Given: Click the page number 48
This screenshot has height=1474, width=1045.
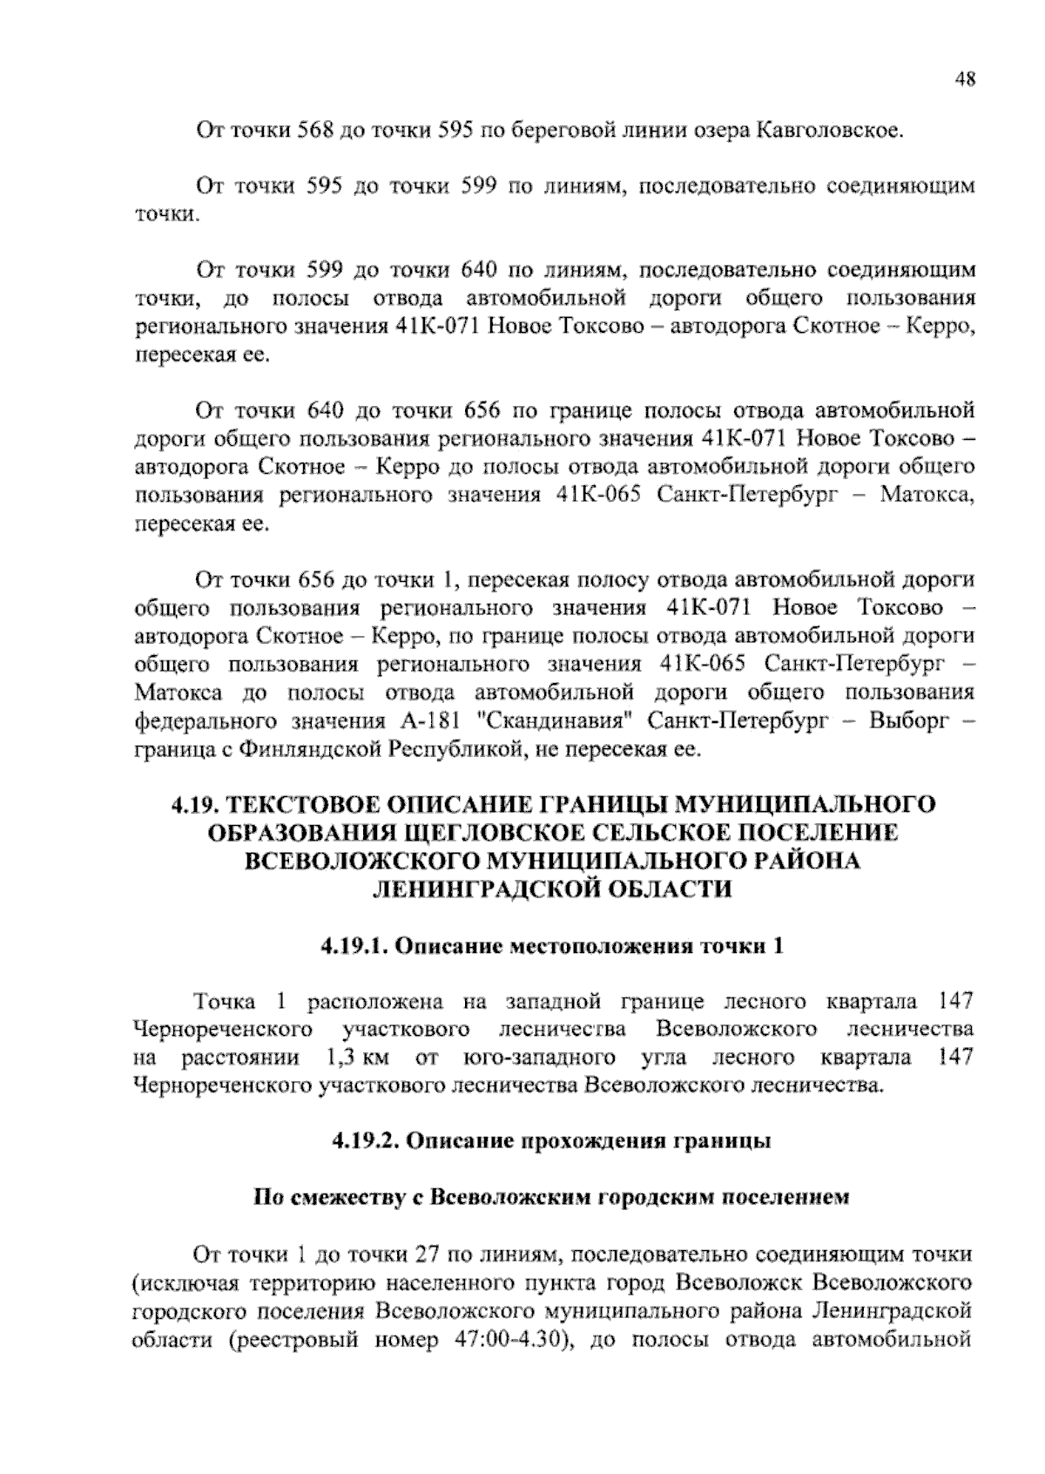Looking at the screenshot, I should [965, 80].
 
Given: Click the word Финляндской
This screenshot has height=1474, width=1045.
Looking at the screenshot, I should [310, 750].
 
